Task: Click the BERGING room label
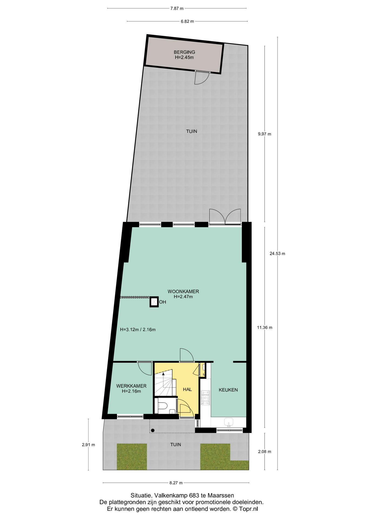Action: coord(184,52)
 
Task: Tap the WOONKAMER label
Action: coord(183,292)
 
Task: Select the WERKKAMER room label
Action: coord(131,386)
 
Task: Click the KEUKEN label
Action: coord(228,390)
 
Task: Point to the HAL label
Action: coord(187,390)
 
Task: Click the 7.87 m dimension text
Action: coord(177,8)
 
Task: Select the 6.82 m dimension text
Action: coord(187,21)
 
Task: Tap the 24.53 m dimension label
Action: coord(277,254)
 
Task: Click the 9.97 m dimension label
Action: coord(265,134)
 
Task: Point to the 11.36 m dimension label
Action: coord(265,328)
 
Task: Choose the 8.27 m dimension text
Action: coord(176,483)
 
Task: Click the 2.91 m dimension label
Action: coord(88,445)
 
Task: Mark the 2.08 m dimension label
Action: coord(265,451)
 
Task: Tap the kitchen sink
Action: coord(229,422)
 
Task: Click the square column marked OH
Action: coord(154,302)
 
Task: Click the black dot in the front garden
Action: coord(153,430)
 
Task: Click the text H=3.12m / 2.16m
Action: coord(138,330)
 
